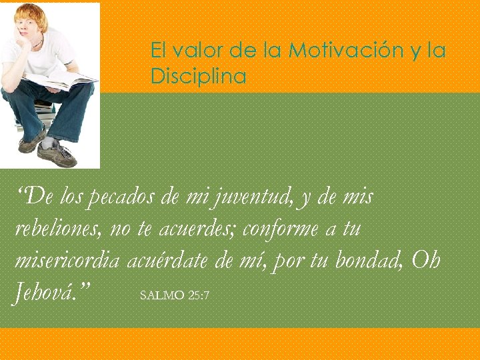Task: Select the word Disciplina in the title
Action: point(198,77)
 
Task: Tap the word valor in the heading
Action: point(193,51)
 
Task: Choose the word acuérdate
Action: point(167,261)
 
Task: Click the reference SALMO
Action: point(162,295)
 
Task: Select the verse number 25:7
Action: point(199,295)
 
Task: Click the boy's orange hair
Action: point(31,15)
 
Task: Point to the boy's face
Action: point(31,31)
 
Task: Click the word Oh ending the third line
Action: point(426,261)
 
